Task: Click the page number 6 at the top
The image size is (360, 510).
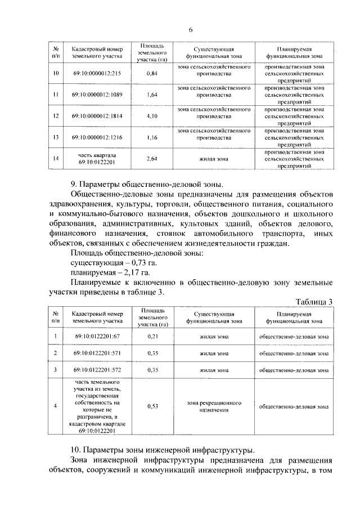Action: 191,30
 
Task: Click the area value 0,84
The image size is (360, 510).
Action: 151,74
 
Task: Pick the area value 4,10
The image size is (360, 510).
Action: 151,116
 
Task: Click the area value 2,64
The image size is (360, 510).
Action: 151,159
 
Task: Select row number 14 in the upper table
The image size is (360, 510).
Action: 56,159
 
